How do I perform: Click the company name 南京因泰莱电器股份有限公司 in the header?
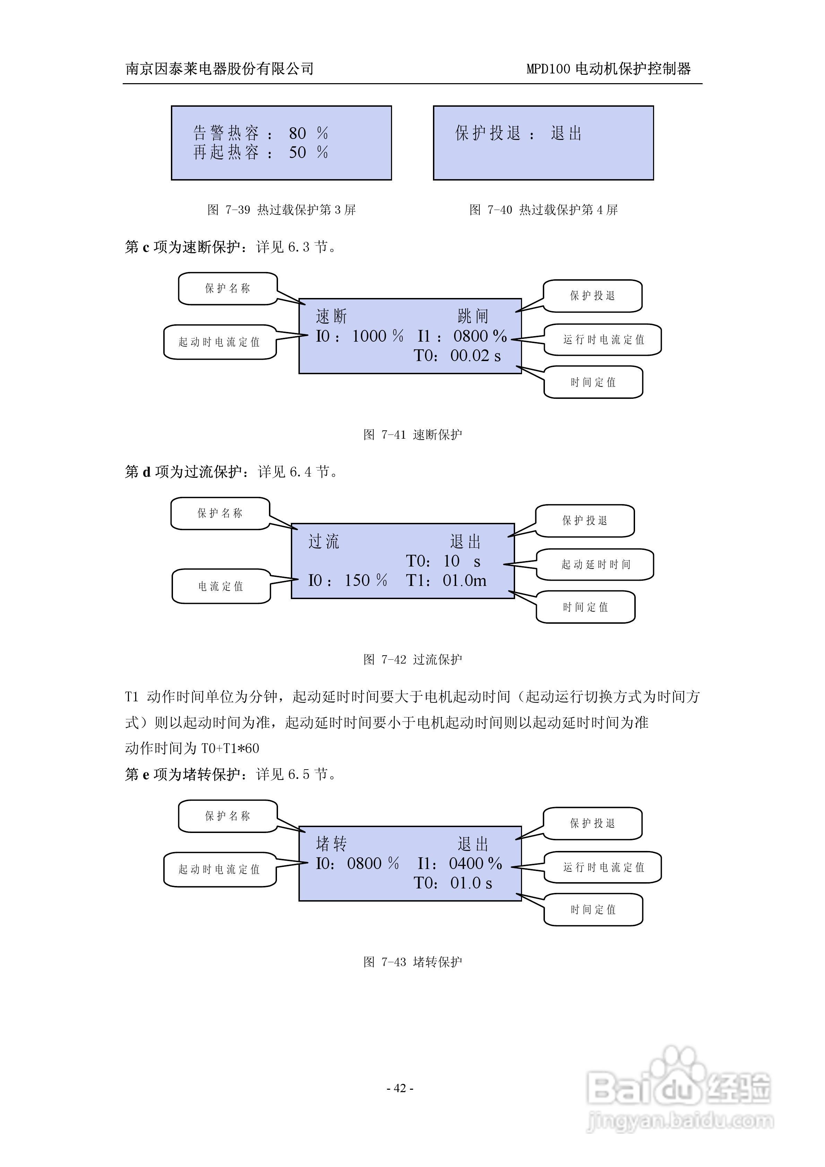coord(219,69)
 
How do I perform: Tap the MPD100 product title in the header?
coord(608,69)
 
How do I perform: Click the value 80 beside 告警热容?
coord(297,133)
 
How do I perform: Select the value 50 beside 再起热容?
coord(297,152)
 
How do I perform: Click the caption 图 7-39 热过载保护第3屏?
coord(281,209)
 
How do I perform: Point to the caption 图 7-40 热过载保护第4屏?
coord(543,209)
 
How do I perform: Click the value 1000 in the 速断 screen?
coord(369,336)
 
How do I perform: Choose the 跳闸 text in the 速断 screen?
coord(472,316)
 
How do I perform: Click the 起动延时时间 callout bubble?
coord(595,564)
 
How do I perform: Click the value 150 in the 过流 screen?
coord(357,580)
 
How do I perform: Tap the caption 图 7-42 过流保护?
coord(412,659)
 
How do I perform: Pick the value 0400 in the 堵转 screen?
coord(466,863)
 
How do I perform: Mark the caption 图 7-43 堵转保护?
coord(412,962)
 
